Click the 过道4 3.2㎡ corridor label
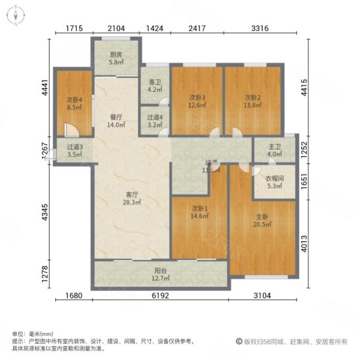155,121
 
